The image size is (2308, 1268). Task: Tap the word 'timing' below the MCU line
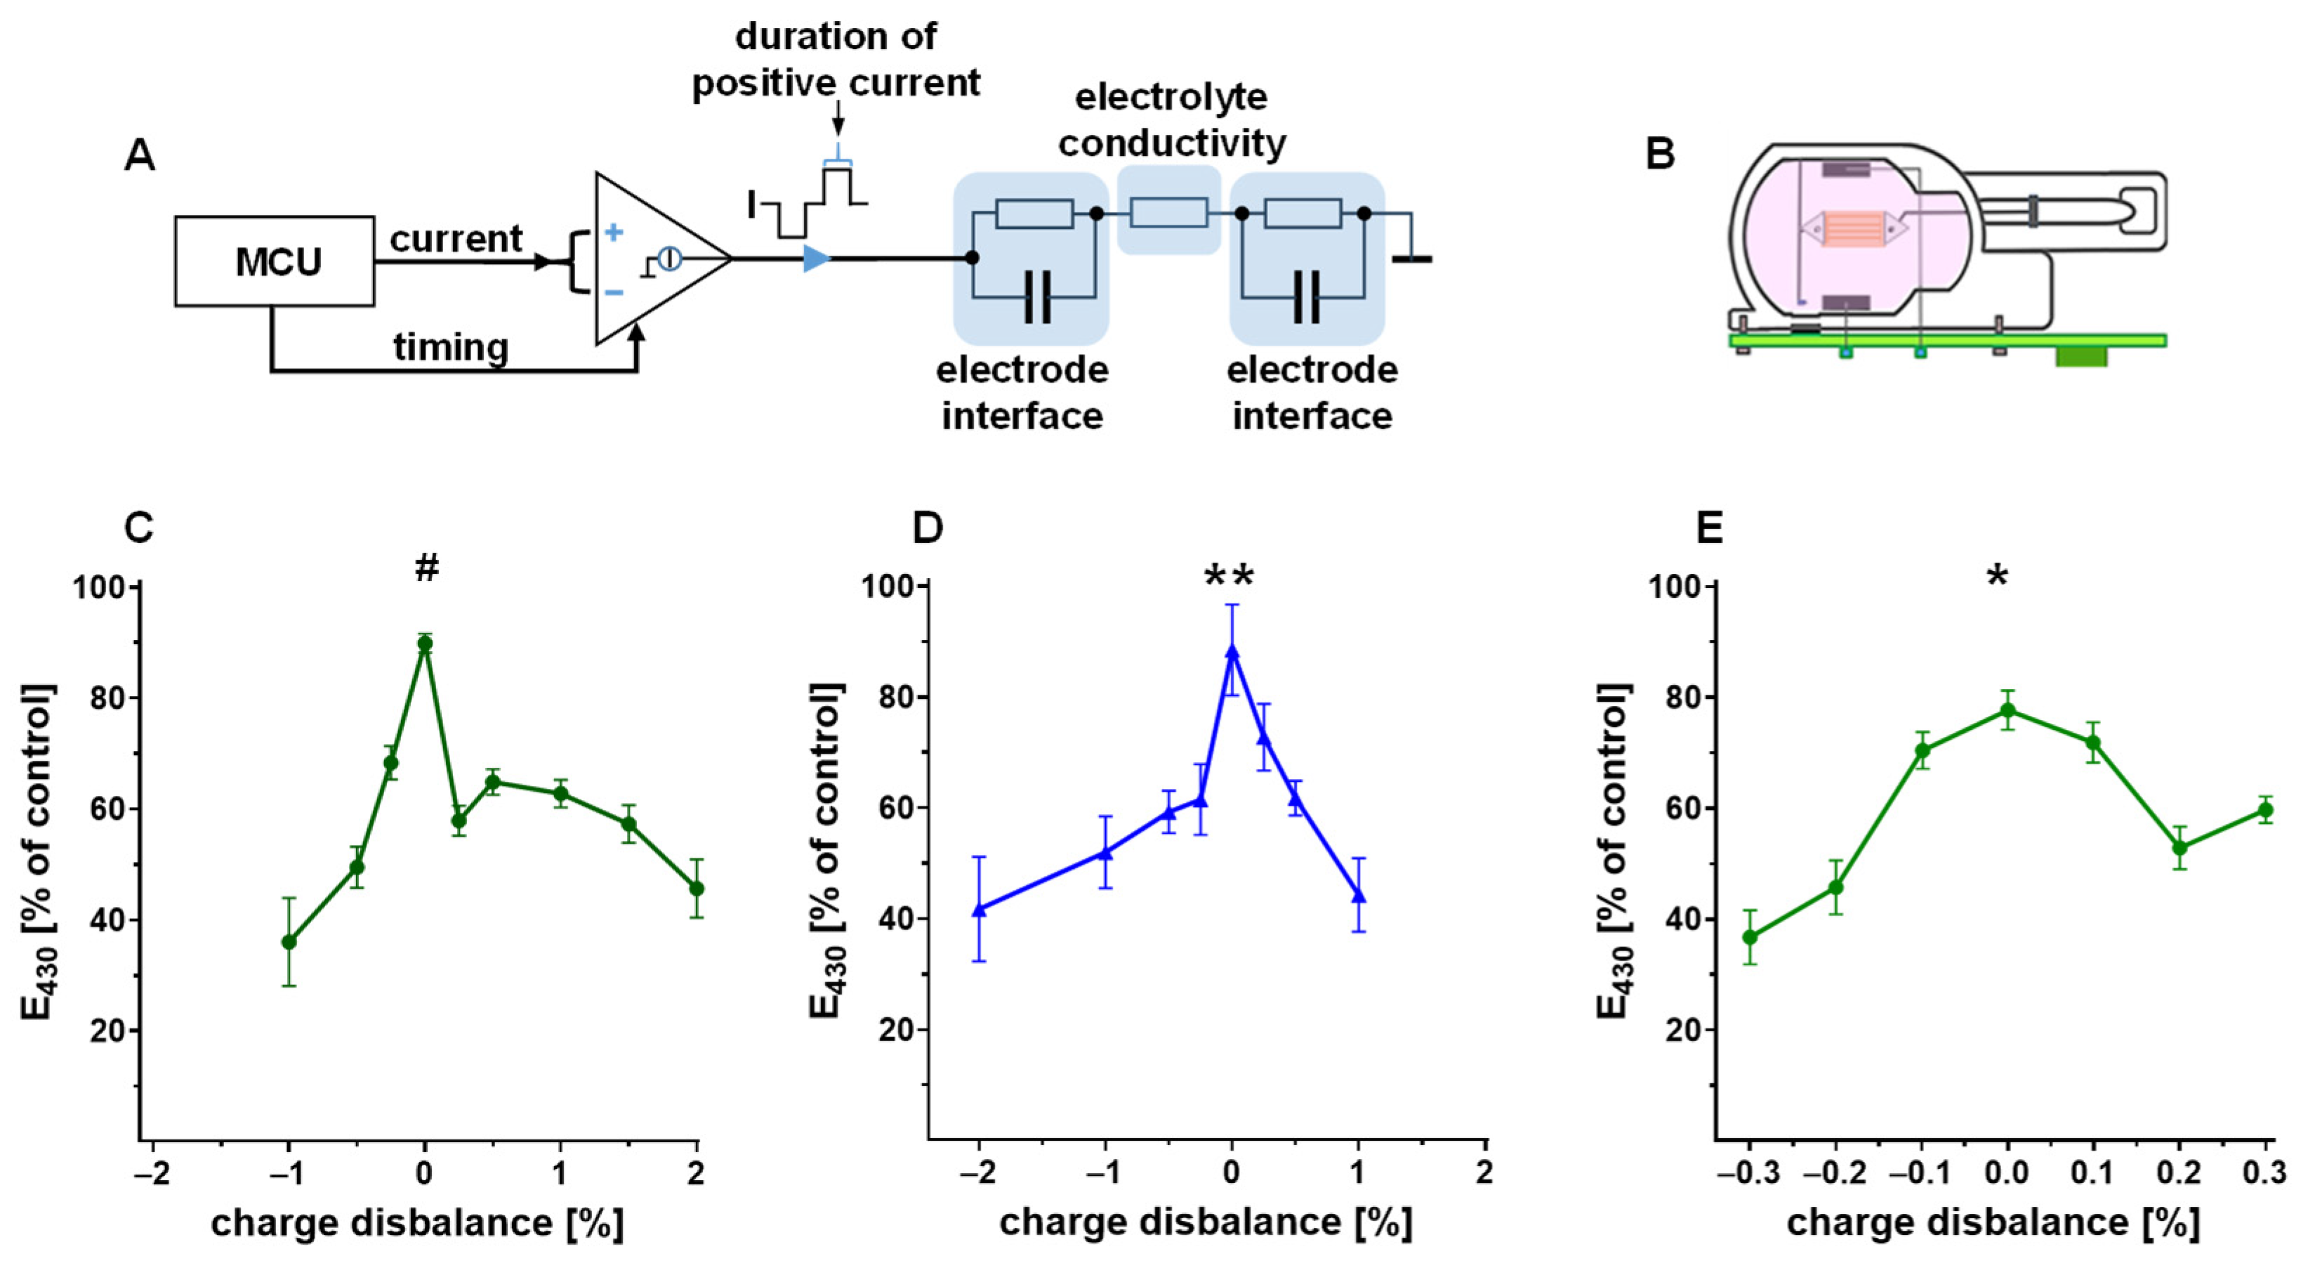tap(451, 347)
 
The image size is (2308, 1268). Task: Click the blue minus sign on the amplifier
tap(614, 292)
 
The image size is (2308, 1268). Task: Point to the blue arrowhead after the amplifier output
tap(816, 259)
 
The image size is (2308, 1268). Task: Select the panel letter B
tap(1659, 155)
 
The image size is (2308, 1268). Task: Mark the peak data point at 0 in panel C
tap(425, 643)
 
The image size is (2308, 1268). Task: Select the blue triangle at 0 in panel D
tap(1232, 651)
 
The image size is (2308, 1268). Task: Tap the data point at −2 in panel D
tap(980, 908)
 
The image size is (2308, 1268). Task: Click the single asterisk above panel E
tap(1997, 576)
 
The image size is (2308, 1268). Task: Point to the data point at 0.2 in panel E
tap(2180, 847)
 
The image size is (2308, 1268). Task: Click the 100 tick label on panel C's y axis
tap(100, 588)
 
